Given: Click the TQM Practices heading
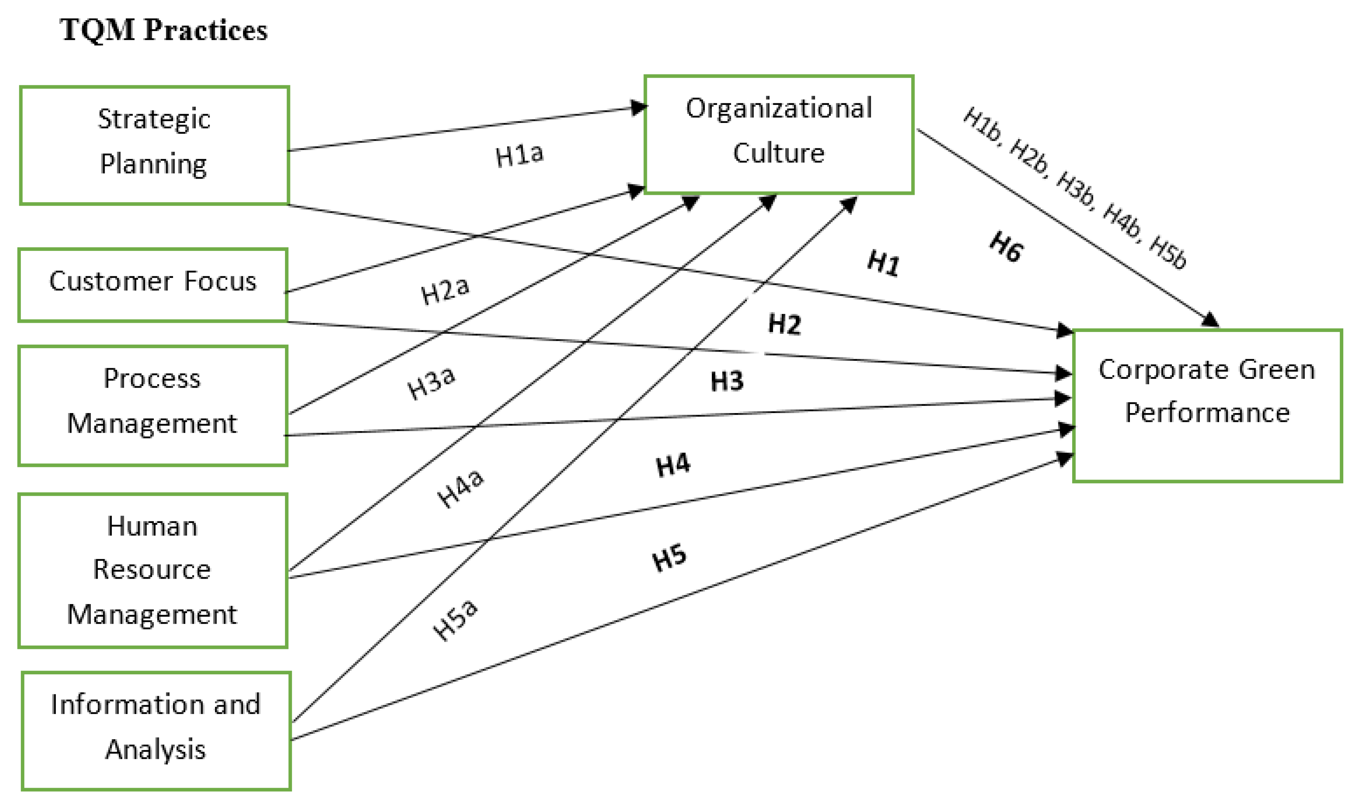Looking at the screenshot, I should click(163, 30).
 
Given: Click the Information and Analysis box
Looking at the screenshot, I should click(156, 730).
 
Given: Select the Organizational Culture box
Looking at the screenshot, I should click(778, 134).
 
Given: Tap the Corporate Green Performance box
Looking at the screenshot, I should click(1207, 405).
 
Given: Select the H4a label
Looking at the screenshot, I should click(460, 487).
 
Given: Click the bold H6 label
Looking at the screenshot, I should click(1006, 247).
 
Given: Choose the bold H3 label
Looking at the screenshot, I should click(726, 381).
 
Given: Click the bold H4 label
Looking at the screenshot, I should click(673, 465).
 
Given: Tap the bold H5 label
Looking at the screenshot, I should click(669, 558).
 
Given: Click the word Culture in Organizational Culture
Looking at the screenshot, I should click(778, 153).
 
